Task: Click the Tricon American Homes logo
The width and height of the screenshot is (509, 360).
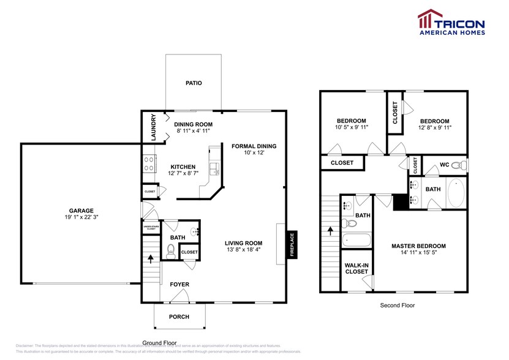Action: coord(451,23)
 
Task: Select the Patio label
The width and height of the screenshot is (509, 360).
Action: coord(194,83)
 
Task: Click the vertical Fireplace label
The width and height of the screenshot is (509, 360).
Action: coord(292,244)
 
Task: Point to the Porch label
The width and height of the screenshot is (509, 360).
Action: coord(179,317)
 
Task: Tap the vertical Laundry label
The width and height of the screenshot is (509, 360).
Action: coord(153,127)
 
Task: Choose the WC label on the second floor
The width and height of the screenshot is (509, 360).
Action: coord(445,165)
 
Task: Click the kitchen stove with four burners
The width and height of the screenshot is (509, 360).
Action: coord(148,163)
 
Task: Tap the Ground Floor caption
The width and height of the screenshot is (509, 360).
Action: coord(159,343)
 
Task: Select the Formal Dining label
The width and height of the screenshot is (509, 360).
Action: coord(254,146)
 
